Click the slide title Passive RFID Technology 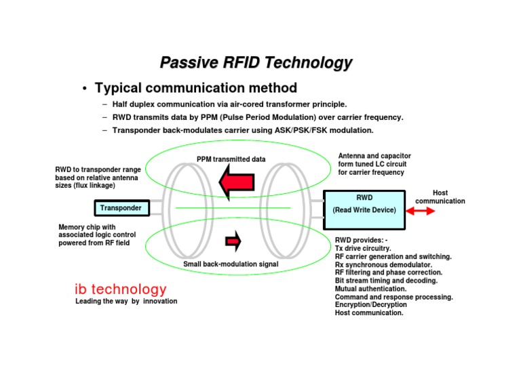(256, 63)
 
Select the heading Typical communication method (195, 88)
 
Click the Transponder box (121, 208)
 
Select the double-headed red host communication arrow (421, 211)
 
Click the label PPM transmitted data (231, 159)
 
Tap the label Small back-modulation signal (231, 264)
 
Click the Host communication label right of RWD (440, 197)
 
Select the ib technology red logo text (120, 289)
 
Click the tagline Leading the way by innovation (126, 301)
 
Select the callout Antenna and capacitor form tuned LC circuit (374, 164)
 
